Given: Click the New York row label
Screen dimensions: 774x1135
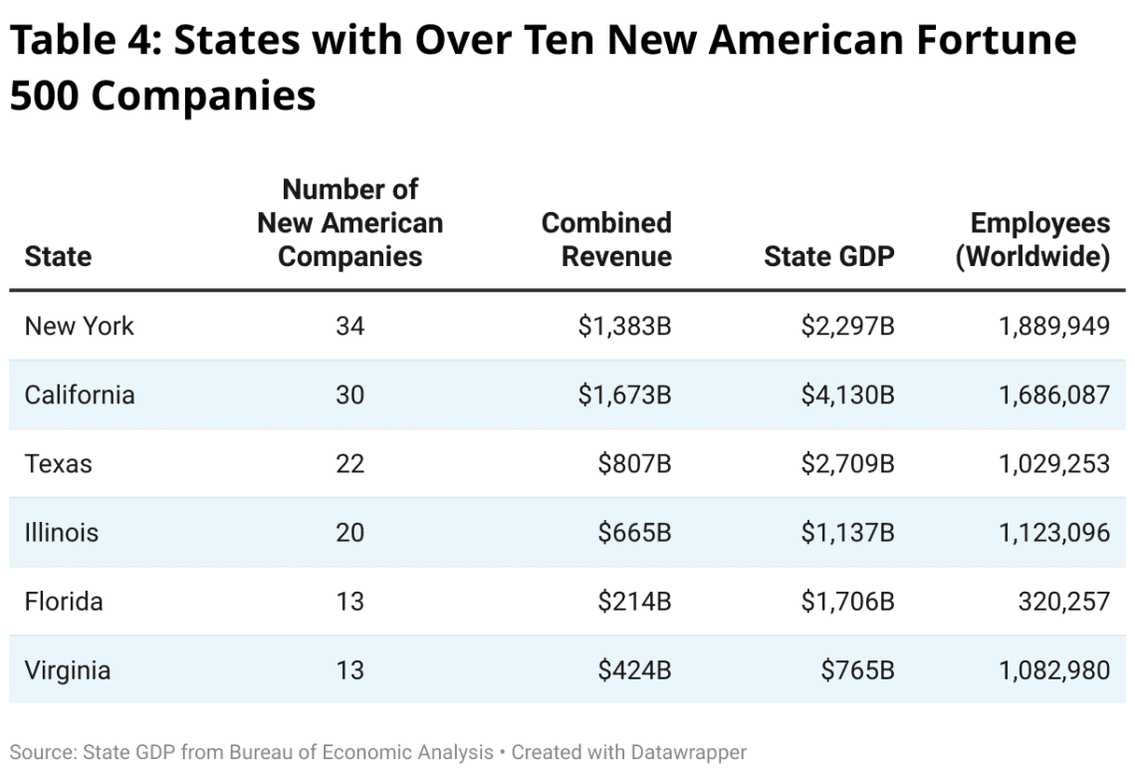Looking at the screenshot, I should pyautogui.click(x=79, y=326).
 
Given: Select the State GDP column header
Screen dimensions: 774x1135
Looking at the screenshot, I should pyautogui.click(x=828, y=257).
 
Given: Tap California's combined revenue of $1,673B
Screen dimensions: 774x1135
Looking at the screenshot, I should pyautogui.click(x=624, y=394).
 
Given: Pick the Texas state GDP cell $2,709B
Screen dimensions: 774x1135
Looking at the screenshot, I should pyautogui.click(x=847, y=463).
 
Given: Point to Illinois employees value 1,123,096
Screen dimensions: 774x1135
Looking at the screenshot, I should pyautogui.click(x=1054, y=532).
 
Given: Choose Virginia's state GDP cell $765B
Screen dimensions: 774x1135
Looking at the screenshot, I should pyautogui.click(x=857, y=670).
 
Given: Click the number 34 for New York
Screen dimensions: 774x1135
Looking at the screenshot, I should pyautogui.click(x=349, y=326).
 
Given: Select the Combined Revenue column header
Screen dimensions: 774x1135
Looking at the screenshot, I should pyautogui.click(x=606, y=239).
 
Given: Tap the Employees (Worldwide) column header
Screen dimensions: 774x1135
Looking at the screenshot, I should pyautogui.click(x=1032, y=239).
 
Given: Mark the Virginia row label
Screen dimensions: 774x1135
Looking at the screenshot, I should pyautogui.click(x=67, y=670).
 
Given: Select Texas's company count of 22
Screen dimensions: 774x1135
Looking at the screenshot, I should pyautogui.click(x=349, y=463).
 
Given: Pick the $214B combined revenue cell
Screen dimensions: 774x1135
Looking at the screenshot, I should pyautogui.click(x=634, y=602).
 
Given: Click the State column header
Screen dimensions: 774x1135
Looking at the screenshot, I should pyautogui.click(x=58, y=257).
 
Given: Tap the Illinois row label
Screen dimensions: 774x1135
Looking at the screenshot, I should pyautogui.click(x=62, y=532).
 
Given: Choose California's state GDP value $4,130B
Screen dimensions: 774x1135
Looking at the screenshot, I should pyautogui.click(x=847, y=394).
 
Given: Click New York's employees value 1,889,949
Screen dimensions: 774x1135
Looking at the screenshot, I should pyautogui.click(x=1054, y=326).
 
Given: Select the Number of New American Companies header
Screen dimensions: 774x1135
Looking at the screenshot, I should pyautogui.click(x=349, y=222).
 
